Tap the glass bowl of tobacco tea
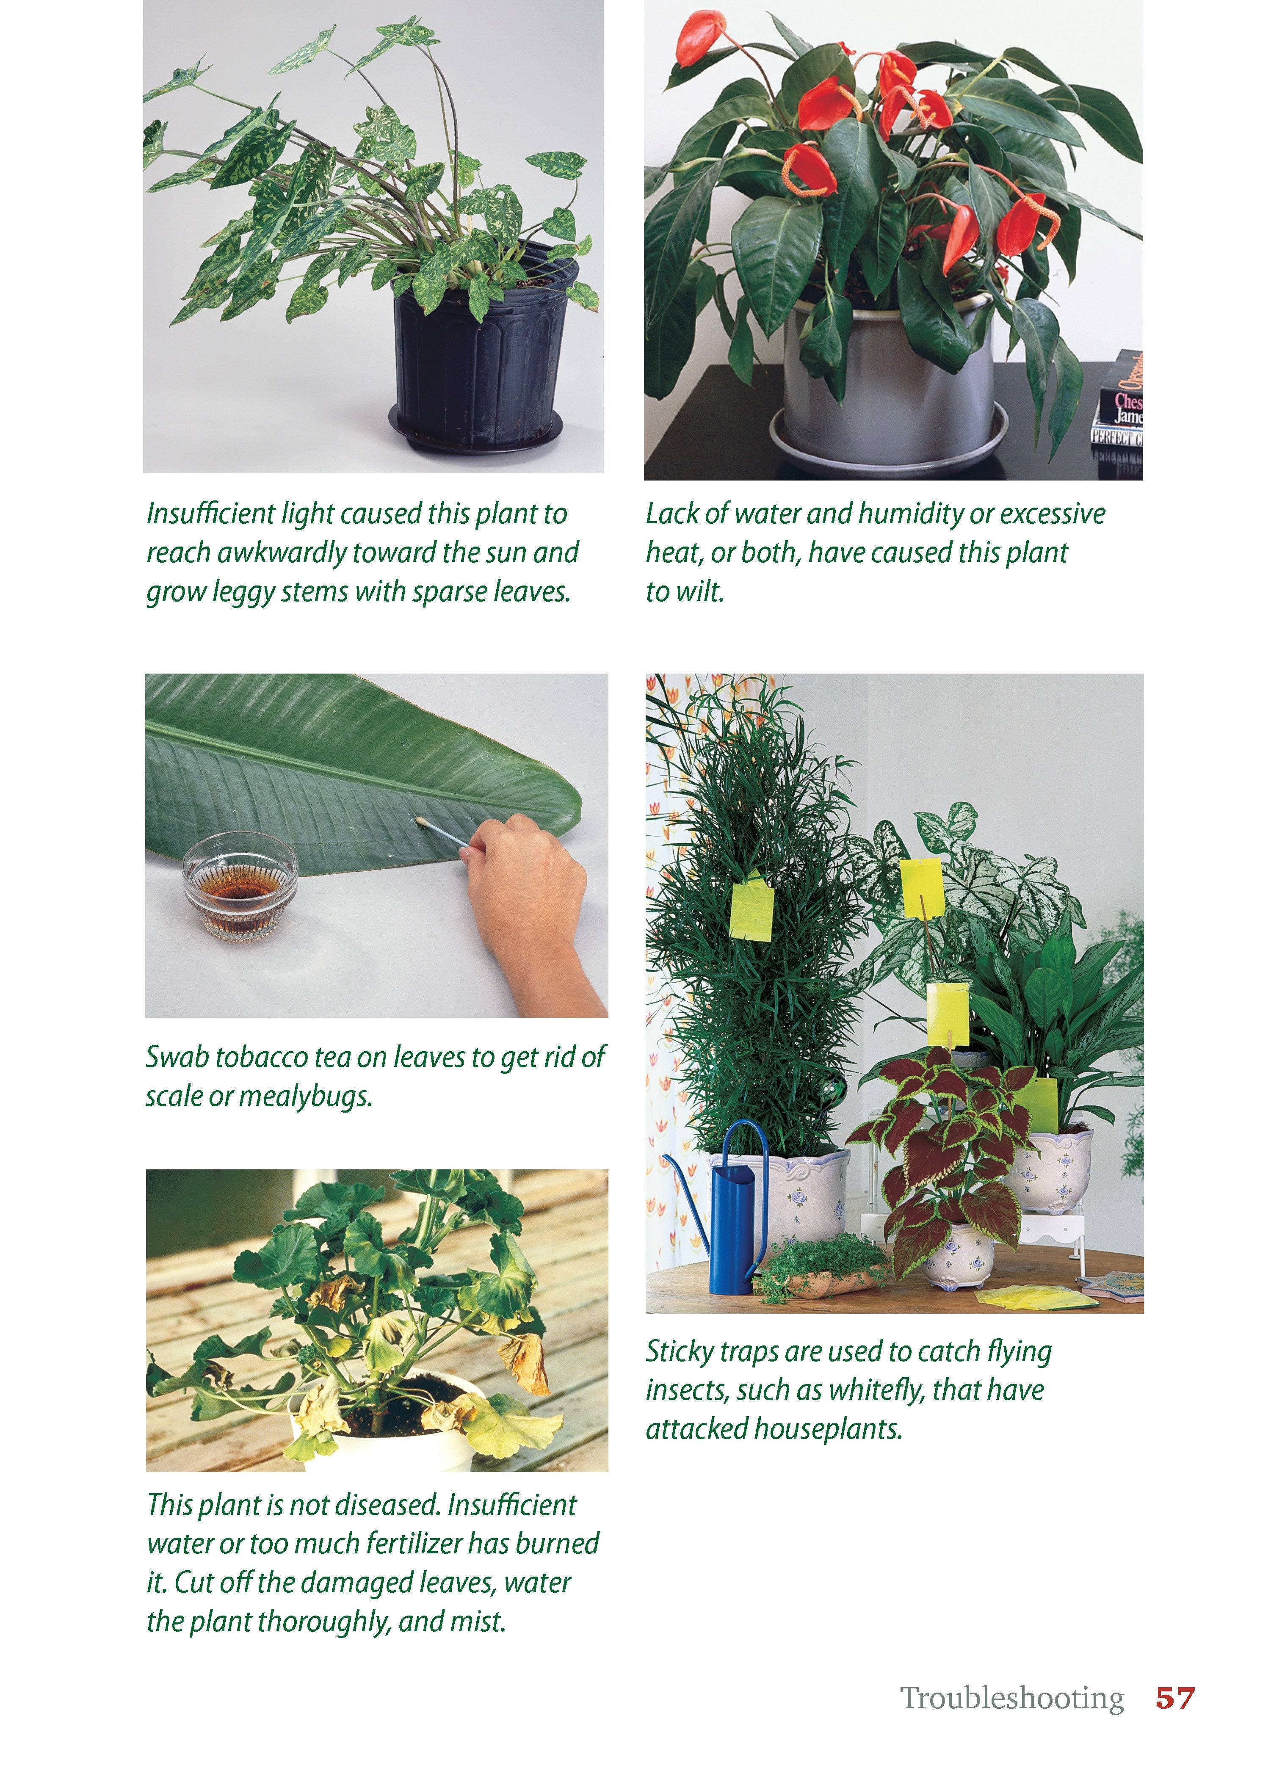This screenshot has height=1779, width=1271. click(240, 885)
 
